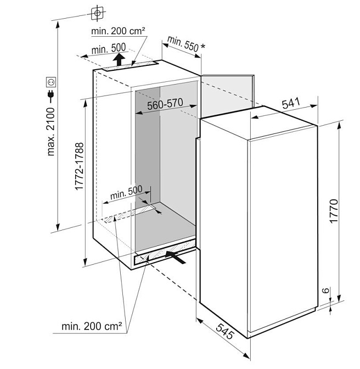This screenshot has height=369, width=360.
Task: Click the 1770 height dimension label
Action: tap(334, 211)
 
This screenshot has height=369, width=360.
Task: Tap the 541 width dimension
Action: tap(291, 103)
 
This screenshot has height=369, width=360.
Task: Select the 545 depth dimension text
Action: tap(225, 331)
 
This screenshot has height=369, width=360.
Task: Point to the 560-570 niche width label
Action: tap(165, 104)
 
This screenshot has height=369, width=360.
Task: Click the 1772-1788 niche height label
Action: tap(79, 166)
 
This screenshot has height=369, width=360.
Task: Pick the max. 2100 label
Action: tap(50, 132)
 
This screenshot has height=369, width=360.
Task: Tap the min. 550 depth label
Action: tap(183, 44)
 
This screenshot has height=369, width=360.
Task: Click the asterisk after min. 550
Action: tap(203, 46)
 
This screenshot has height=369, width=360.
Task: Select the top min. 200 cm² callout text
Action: tap(118, 31)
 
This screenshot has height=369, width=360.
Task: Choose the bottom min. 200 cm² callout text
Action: tap(92, 326)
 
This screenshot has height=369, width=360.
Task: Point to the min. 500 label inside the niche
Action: tap(126, 193)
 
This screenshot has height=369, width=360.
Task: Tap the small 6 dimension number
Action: tap(325, 290)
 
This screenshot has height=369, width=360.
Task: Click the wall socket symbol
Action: tap(51, 82)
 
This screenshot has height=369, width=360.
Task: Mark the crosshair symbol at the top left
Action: tap(97, 13)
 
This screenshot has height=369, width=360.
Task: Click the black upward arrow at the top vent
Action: tap(119, 59)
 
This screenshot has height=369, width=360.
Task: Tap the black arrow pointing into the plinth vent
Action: tap(176, 257)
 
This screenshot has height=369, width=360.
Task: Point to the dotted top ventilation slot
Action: tap(131, 66)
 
